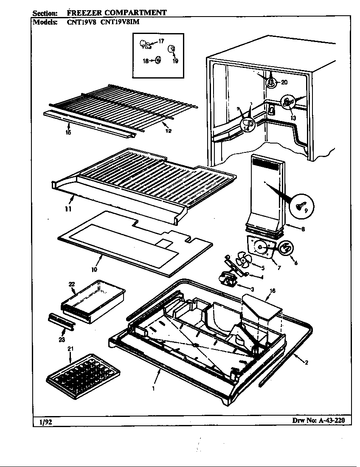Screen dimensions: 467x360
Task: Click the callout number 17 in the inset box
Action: point(161,41)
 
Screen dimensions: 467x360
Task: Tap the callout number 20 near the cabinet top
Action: point(284,82)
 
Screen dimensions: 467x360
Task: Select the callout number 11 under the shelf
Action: point(68,209)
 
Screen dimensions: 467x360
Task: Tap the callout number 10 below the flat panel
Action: point(94,269)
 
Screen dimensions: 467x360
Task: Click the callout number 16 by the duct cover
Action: point(272,291)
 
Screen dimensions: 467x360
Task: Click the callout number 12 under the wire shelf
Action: point(169,131)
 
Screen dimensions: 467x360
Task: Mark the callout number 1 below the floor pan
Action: point(153,388)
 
